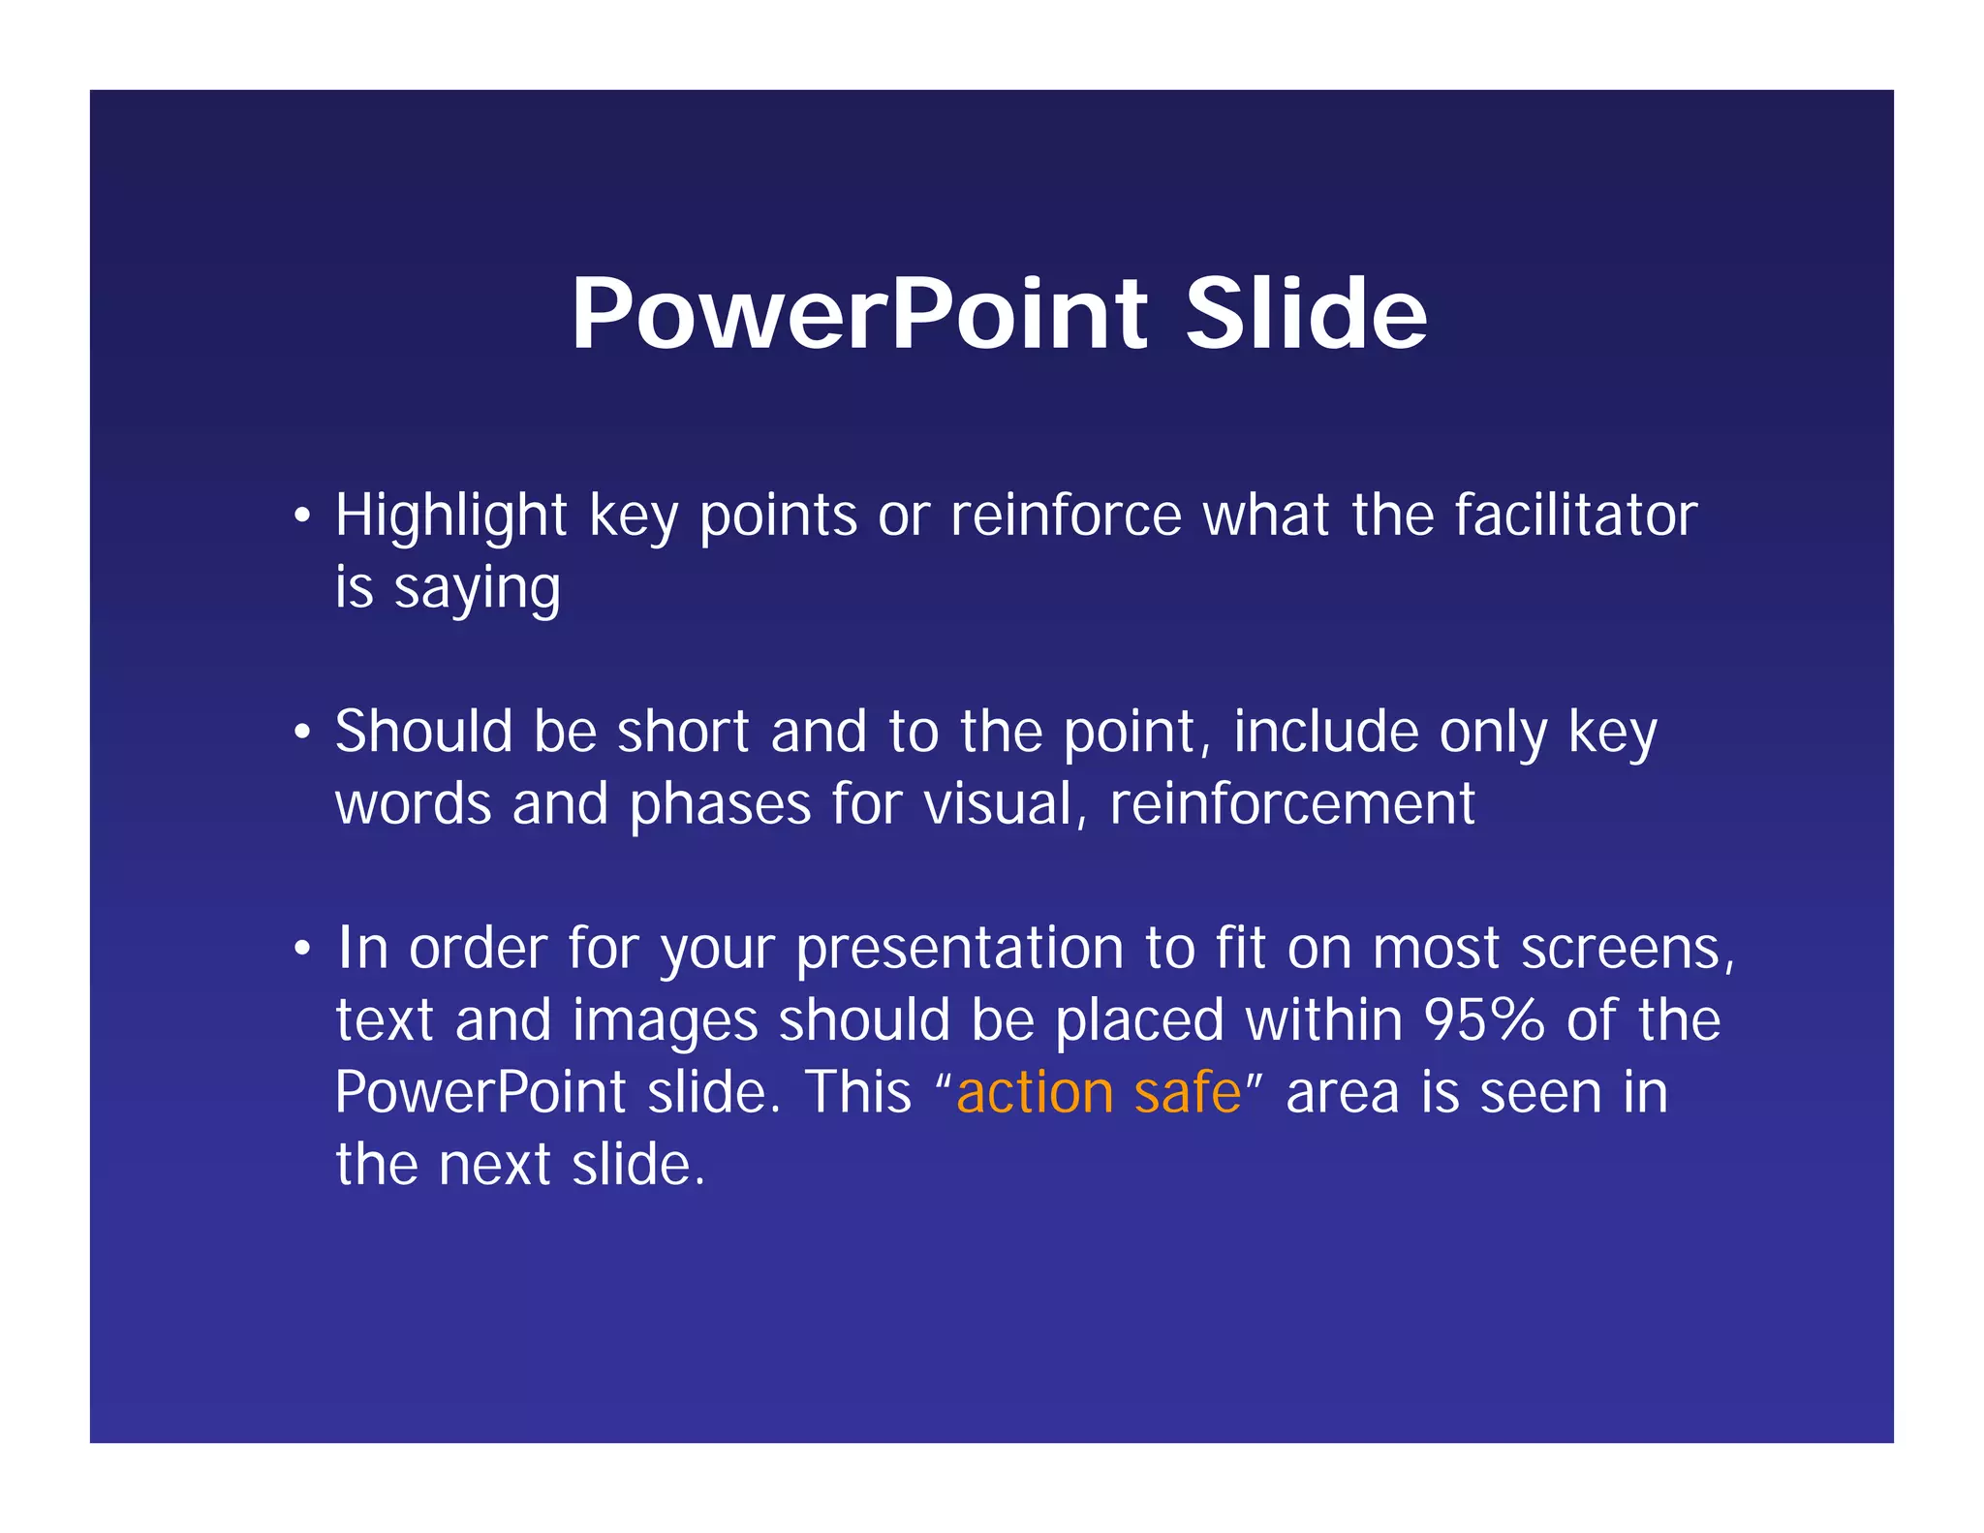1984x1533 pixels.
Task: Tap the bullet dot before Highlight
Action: point(303,516)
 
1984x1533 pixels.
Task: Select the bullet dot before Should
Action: point(303,733)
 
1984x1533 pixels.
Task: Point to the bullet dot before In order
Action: point(303,949)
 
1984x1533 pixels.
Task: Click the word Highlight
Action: point(450,516)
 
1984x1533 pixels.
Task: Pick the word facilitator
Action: point(1575,516)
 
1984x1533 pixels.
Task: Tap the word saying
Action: point(477,589)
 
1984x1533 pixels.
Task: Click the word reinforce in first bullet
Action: point(1066,516)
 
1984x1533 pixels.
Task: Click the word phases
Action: point(720,804)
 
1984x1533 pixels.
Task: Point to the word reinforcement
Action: point(1291,804)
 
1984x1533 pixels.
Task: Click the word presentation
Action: point(959,948)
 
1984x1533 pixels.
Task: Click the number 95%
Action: point(1483,1019)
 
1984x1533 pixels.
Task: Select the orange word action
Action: point(1034,1093)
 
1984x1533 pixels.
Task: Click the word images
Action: point(665,1021)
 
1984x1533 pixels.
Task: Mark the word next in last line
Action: point(494,1164)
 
